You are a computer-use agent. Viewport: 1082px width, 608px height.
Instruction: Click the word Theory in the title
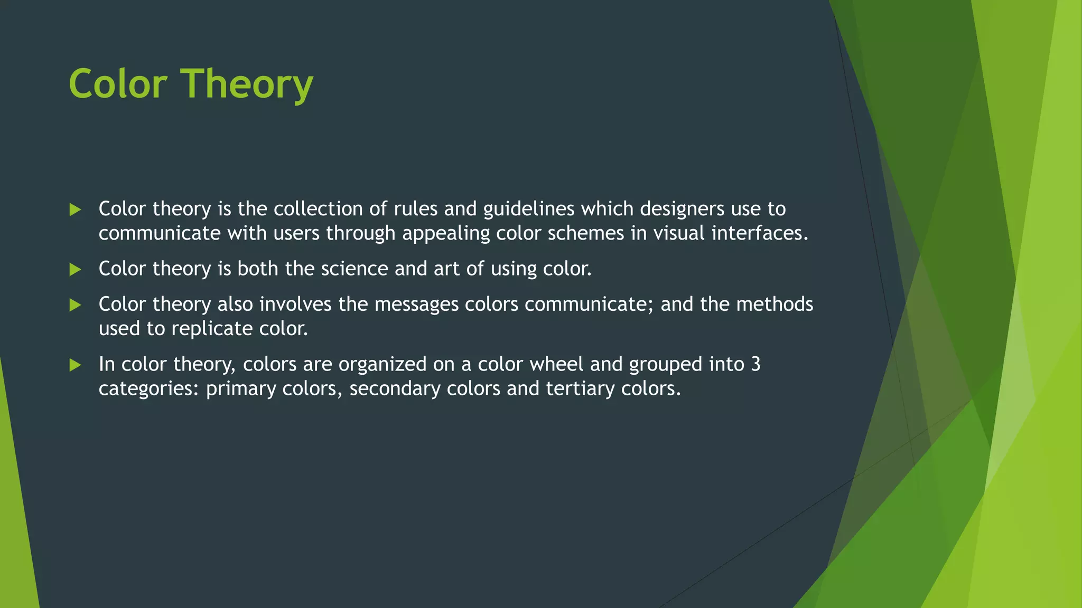(248, 84)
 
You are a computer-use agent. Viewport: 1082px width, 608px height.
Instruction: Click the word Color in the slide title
(118, 84)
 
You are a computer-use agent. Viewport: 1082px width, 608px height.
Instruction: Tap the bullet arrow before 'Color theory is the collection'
(75, 210)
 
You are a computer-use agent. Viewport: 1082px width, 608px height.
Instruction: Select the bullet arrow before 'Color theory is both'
(75, 270)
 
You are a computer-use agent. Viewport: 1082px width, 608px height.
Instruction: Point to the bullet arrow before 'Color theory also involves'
(75, 305)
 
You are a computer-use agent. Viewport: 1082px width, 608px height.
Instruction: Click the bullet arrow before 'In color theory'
(75, 365)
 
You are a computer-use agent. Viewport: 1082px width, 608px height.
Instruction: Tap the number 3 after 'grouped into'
(755, 364)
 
